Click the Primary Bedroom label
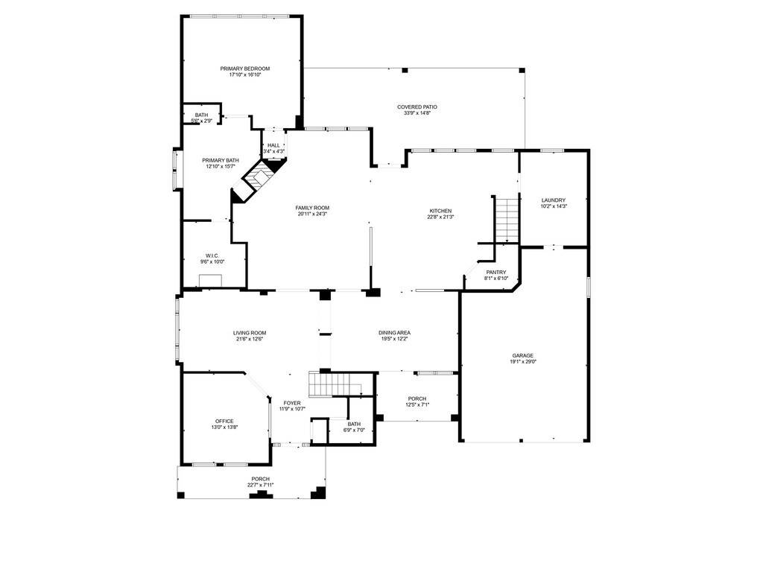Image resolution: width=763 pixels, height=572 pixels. coord(244,69)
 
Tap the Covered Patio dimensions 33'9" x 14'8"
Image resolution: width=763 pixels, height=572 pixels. coord(417,113)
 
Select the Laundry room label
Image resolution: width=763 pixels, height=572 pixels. coord(554,200)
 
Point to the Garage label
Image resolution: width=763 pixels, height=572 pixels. coord(522,355)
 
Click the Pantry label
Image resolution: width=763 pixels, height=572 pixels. coord(496,273)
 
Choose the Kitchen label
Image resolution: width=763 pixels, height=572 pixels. coord(440,211)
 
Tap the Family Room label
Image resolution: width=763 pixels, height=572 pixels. coord(312,208)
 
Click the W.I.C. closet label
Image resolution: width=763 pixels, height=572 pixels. coord(212,255)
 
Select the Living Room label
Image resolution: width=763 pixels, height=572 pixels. coord(249,333)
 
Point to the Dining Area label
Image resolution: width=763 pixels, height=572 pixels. coord(394,333)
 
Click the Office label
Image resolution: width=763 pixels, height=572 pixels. coord(224,421)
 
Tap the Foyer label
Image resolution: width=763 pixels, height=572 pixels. coord(291,402)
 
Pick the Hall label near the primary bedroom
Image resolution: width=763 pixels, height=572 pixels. coord(273,145)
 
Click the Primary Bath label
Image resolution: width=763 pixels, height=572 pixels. coord(221,160)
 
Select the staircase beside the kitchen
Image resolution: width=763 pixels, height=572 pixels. coord(506,218)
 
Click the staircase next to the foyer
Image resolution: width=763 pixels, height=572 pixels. coord(329,385)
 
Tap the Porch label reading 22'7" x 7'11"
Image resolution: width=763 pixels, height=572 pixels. coord(260,479)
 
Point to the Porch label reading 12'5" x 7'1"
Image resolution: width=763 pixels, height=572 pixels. coord(416,398)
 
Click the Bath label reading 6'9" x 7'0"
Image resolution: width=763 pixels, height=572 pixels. coord(353,424)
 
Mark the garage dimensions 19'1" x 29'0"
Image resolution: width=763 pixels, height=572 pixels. coord(522,362)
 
